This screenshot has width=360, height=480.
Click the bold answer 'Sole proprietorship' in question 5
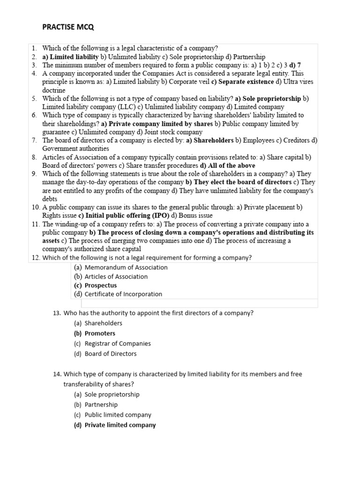coord(272,98)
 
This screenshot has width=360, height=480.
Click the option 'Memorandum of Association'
coord(126,267)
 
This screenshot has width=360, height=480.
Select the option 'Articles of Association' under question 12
coord(116,277)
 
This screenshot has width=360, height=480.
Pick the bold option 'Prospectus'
coord(100,285)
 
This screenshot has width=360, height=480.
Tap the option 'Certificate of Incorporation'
coord(123,294)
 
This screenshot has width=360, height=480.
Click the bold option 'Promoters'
coord(99,333)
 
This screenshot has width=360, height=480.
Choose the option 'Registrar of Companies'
coord(117,344)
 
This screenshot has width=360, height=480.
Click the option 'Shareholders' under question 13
coord(103,323)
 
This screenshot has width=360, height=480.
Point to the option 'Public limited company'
coord(118,415)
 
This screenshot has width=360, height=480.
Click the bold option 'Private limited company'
coord(120,425)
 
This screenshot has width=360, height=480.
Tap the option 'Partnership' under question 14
coord(101,405)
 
